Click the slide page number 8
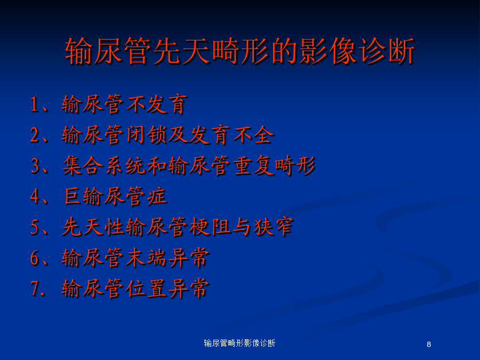pos(429,345)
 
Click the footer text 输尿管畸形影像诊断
pos(239,343)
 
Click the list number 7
pos(35,289)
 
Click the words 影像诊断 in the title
pos(357,51)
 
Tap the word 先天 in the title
pos(182,51)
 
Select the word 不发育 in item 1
pos(156,105)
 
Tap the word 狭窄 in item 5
pos(274,227)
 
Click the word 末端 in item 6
pos(146,258)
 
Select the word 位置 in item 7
pos(146,289)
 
